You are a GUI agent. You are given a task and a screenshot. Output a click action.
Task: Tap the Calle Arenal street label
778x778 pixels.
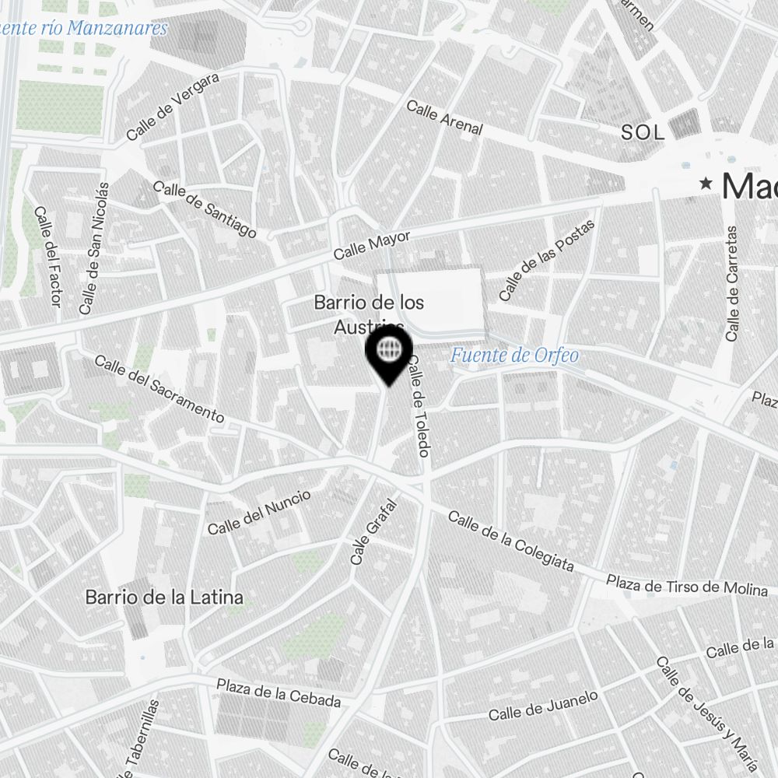[444, 118]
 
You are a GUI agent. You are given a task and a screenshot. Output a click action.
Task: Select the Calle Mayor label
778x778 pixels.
[371, 245]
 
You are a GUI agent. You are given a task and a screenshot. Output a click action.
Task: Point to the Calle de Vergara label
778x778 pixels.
[173, 107]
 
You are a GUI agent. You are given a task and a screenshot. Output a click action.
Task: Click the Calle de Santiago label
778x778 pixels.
[205, 209]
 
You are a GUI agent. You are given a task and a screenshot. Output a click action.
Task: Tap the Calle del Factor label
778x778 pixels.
[46, 256]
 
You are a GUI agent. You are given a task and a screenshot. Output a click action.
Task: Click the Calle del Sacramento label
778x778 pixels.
[159, 389]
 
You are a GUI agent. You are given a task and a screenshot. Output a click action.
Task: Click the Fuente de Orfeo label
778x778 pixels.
[514, 356]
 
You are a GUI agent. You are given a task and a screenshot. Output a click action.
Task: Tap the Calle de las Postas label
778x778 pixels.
[546, 261]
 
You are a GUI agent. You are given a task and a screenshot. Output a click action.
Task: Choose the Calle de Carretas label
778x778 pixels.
[731, 283]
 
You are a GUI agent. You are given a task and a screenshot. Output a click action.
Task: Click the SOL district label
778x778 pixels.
[643, 133]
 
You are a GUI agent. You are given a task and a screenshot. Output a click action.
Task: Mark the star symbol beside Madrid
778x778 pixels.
[706, 184]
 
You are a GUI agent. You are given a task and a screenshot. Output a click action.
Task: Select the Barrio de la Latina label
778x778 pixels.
[164, 598]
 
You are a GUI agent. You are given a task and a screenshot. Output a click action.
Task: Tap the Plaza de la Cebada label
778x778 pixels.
[279, 693]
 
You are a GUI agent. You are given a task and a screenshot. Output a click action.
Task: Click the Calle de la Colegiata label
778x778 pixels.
[510, 541]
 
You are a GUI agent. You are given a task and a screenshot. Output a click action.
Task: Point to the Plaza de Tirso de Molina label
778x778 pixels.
[686, 586]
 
